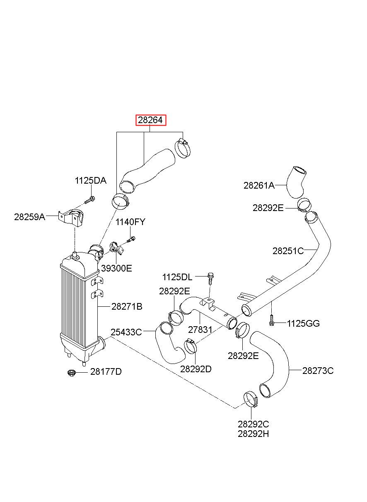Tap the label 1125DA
coord(90,180)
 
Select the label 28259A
coord(29,216)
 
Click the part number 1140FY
coord(130,222)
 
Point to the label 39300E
coord(117,268)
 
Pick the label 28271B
coord(127,306)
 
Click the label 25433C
coord(126,332)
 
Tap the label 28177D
coord(106,371)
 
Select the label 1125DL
coord(177,277)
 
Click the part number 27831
coord(200,330)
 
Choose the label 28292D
coord(196,369)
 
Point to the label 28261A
coord(259,185)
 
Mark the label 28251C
coord(288,251)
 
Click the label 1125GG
coord(303,323)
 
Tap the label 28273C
coord(318,371)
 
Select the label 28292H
coord(254,434)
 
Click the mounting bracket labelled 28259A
coord(71,217)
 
